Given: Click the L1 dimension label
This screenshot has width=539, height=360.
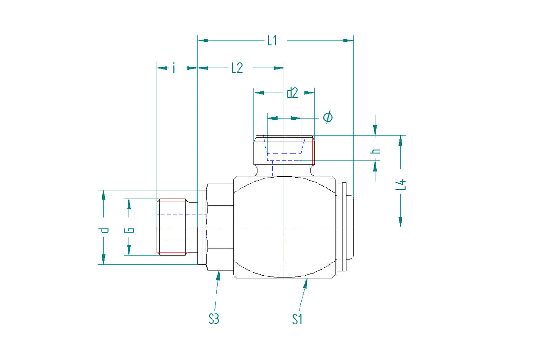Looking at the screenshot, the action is tap(272, 40).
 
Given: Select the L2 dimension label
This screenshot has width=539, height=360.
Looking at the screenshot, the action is tap(237, 68).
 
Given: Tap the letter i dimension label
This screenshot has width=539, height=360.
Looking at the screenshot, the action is tap(174, 68).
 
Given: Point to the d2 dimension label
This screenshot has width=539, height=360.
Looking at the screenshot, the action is tap(292, 93).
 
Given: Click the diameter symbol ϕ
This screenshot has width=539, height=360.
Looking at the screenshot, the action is tap(328, 117).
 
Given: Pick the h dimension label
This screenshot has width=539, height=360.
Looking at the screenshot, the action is tap(376, 151).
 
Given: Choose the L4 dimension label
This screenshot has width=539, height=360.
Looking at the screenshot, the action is tap(401, 184).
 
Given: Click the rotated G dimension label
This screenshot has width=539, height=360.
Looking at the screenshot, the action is tap(129, 231).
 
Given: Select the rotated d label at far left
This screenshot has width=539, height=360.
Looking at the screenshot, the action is tap(103, 231).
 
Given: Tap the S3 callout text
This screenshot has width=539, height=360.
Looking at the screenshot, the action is tap(214, 319).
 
